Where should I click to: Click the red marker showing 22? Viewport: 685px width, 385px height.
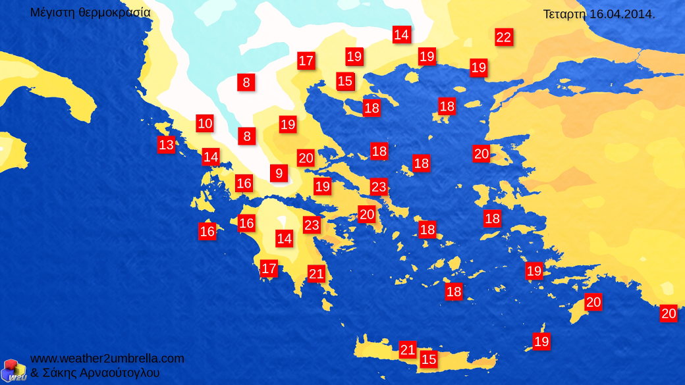click(x=504, y=38)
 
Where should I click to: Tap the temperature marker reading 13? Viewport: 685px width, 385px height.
click(x=166, y=145)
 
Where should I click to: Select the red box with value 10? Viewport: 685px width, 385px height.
click(x=205, y=123)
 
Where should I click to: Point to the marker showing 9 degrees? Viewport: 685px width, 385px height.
click(x=279, y=173)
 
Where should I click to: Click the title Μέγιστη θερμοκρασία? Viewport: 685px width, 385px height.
click(x=90, y=13)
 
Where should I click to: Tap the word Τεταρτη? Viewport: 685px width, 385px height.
click(x=564, y=14)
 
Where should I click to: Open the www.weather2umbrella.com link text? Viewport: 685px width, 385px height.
click(x=107, y=359)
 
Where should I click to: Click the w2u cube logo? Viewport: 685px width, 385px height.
click(x=13, y=370)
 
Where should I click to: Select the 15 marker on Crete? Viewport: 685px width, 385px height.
click(x=429, y=359)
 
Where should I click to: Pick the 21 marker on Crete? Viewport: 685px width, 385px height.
click(x=408, y=349)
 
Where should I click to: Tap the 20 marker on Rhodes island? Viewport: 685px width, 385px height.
click(x=593, y=302)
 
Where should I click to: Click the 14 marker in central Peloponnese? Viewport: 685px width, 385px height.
click(x=284, y=238)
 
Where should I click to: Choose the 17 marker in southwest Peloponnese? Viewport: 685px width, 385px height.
click(x=269, y=269)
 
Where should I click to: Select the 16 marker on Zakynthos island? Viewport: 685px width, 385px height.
click(x=207, y=231)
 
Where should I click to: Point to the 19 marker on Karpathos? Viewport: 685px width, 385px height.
click(x=541, y=342)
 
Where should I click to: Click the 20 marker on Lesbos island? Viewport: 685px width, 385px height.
click(x=481, y=154)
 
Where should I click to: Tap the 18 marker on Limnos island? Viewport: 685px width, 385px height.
click(x=447, y=106)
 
